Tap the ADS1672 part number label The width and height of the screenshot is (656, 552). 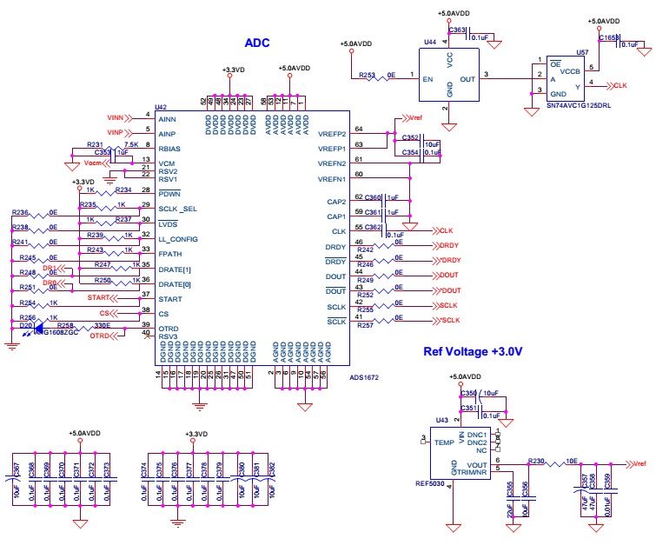click(x=364, y=377)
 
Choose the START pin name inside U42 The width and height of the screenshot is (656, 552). click(x=170, y=298)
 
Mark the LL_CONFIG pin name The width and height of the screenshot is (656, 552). click(x=178, y=239)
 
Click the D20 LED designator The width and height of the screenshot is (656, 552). click(x=25, y=325)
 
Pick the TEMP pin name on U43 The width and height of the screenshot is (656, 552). click(x=446, y=442)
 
